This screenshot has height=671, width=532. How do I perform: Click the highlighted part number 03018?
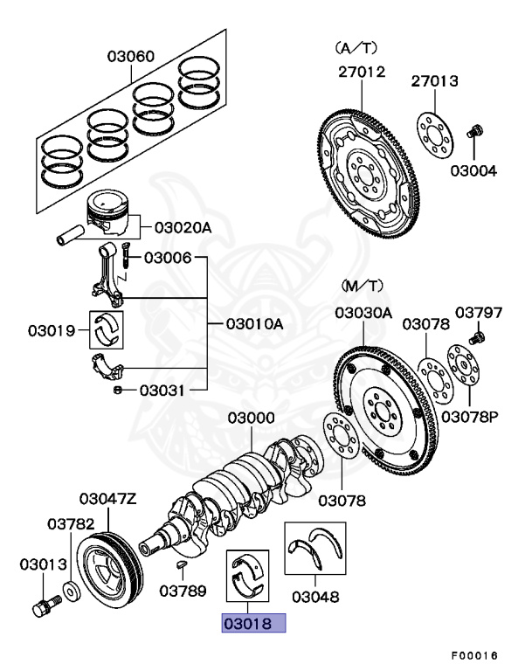[x=253, y=624]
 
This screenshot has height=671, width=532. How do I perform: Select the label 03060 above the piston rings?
[x=131, y=57]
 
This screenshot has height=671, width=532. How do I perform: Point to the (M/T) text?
[x=356, y=287]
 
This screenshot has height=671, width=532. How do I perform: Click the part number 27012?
[x=362, y=73]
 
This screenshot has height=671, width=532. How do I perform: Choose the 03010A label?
[x=255, y=324]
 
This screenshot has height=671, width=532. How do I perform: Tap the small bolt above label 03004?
[x=475, y=132]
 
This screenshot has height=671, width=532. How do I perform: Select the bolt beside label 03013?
[x=44, y=605]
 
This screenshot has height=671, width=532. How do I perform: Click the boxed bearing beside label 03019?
[x=110, y=329]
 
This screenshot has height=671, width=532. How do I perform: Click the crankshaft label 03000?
[x=252, y=419]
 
